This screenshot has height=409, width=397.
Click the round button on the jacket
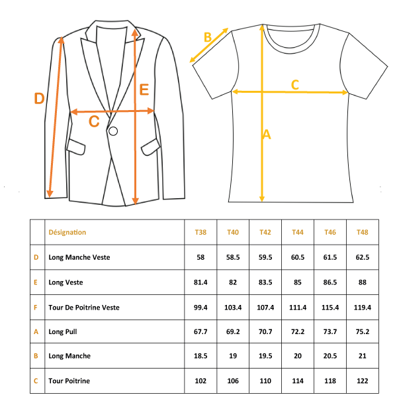[x=113, y=131]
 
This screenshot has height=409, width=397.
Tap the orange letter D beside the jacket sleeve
[x=39, y=98]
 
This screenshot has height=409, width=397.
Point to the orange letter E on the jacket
[x=144, y=89]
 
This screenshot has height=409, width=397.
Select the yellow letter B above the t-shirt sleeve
[x=208, y=37]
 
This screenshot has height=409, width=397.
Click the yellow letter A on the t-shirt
[x=267, y=135]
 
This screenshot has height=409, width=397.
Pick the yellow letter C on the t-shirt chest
[x=295, y=85]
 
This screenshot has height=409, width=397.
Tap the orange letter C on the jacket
[x=94, y=121]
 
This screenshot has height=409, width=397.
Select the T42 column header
[x=265, y=232]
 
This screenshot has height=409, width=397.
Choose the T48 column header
[x=363, y=232]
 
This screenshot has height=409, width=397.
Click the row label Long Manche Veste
[x=79, y=257]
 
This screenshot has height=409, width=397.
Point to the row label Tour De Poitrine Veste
[x=84, y=308]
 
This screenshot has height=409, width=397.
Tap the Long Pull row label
[x=63, y=331]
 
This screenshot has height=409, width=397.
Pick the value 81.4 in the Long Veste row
[x=200, y=282]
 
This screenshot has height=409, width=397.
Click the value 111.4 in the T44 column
[x=298, y=308]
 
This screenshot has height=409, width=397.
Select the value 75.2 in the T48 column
[x=363, y=331]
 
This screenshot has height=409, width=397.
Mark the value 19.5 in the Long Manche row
[x=265, y=356]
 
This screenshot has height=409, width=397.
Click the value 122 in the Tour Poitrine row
[x=363, y=381]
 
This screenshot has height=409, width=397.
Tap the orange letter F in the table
[x=36, y=308]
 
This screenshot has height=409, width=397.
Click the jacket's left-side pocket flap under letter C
[x=76, y=147]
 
